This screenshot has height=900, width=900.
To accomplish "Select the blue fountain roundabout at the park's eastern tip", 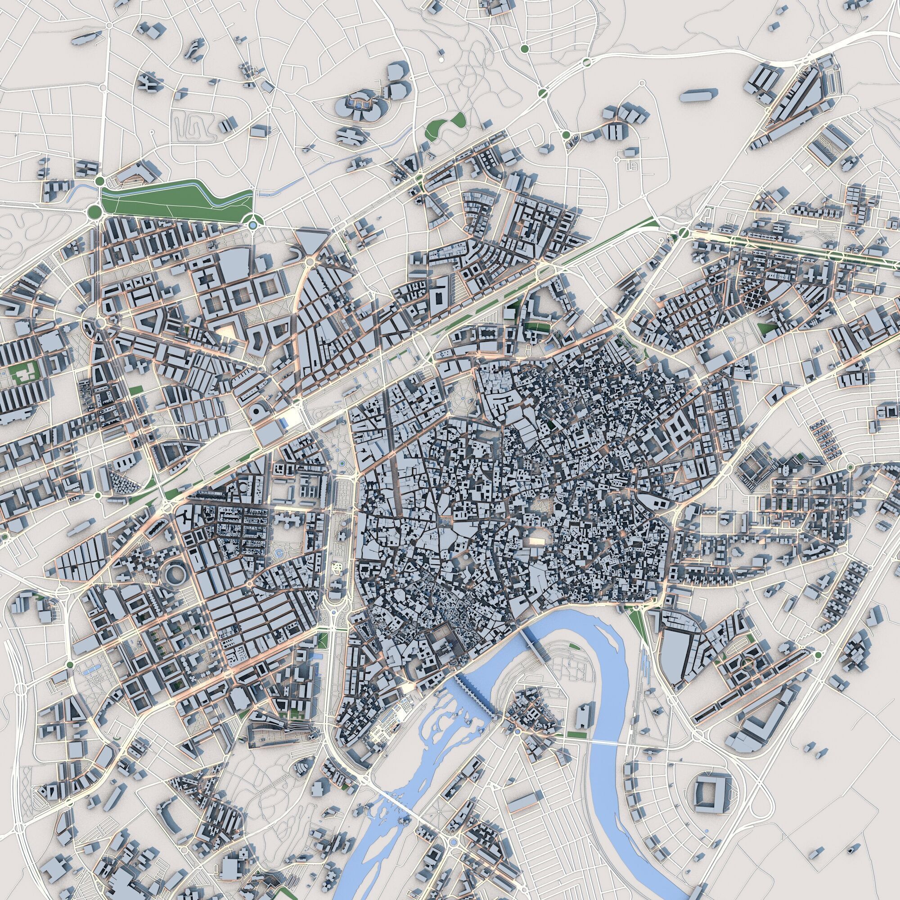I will [x=252, y=225].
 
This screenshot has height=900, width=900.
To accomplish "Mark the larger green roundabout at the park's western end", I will [x=95, y=212].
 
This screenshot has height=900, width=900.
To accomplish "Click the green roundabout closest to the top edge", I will [x=525, y=49].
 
